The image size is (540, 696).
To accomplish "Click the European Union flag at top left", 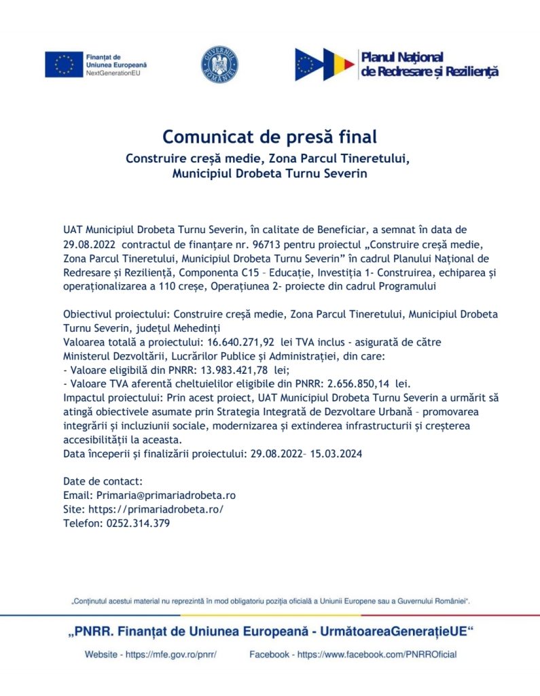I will point(63,64).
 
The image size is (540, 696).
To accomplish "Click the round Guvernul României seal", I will point(219,64).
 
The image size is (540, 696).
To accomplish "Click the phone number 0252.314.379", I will point(136,523).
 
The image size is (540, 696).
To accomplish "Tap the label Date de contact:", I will point(103,481).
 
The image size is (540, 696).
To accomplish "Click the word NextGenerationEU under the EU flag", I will point(116,71).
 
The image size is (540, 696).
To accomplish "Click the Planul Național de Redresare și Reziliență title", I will point(430,64).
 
